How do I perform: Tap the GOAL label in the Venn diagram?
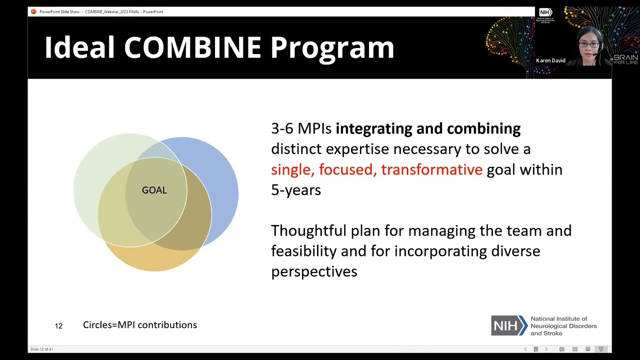coord(154,190)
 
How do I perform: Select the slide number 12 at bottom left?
coord(58,326)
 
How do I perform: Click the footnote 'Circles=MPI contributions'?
coord(140,325)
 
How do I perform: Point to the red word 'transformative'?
coord(431,169)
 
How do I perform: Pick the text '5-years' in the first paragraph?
coord(295,190)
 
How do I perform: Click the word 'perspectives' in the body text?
coord(314,271)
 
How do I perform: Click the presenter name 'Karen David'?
coord(550,60)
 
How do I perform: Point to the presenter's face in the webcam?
coord(589,45)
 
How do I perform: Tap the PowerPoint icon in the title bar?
coord(33,11)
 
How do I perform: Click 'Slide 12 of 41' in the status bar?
coord(41,349)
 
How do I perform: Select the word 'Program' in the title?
coord(332,47)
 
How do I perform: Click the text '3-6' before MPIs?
coord(282,128)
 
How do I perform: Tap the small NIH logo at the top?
coord(545,12)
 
